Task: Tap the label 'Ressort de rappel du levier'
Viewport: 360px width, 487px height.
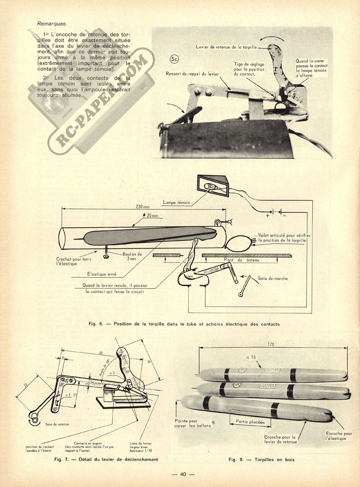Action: (192, 74)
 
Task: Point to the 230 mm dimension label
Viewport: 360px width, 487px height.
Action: (143, 206)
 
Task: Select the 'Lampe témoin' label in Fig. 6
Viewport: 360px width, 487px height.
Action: (176, 203)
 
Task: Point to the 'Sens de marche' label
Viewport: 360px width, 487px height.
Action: (273, 278)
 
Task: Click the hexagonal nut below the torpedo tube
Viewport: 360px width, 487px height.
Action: (106, 257)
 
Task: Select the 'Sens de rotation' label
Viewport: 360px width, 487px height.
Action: (57, 424)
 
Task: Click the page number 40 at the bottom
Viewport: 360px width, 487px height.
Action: (183, 474)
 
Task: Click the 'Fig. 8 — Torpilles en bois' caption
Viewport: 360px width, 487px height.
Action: (261, 460)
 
